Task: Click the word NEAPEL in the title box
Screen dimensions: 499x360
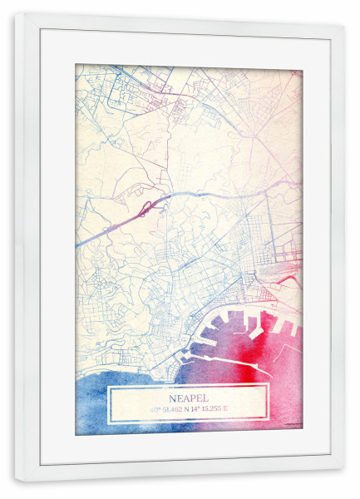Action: (x=189, y=397)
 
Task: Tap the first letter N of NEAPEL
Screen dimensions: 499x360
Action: (x=170, y=397)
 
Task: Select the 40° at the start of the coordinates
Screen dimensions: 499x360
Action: (x=155, y=408)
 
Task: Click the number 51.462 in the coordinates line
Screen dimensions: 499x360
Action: (x=172, y=408)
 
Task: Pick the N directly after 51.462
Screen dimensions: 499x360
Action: (x=188, y=408)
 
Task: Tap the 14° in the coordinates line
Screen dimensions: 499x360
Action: (x=198, y=408)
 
